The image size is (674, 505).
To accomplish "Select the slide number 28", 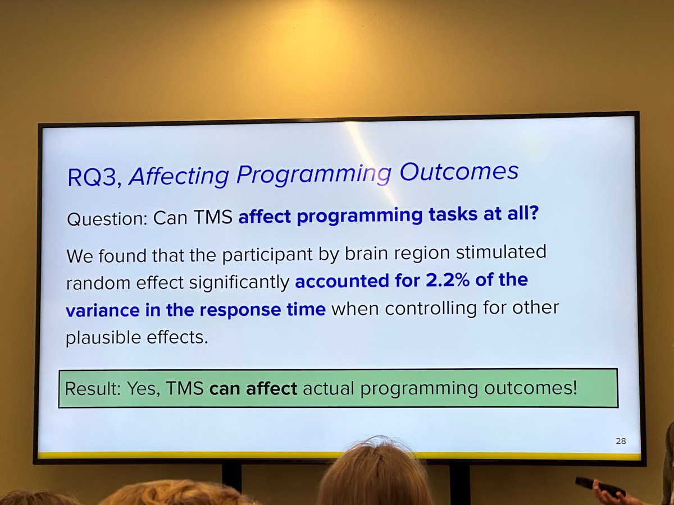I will click(x=620, y=441).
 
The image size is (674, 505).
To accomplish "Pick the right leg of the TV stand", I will click(x=459, y=483).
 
